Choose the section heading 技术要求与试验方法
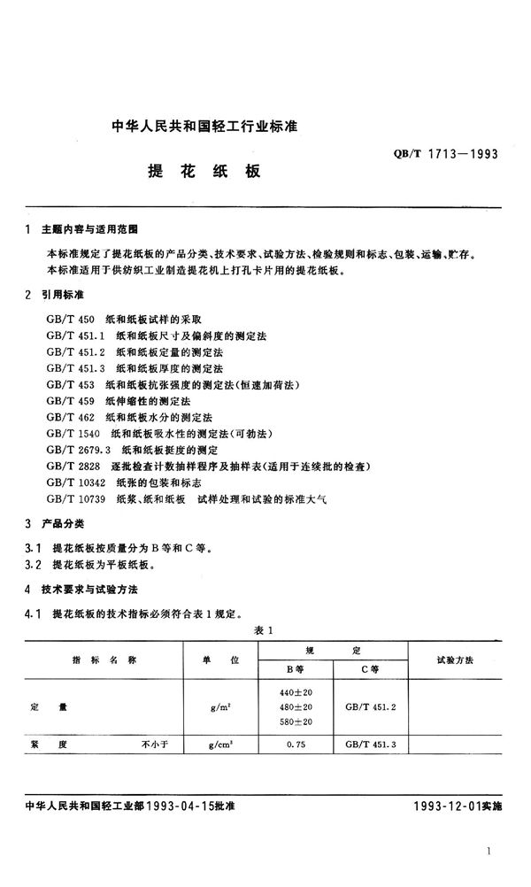click(x=91, y=589)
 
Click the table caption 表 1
click(x=265, y=630)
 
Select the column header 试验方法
click(x=457, y=660)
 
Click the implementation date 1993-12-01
click(x=450, y=807)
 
